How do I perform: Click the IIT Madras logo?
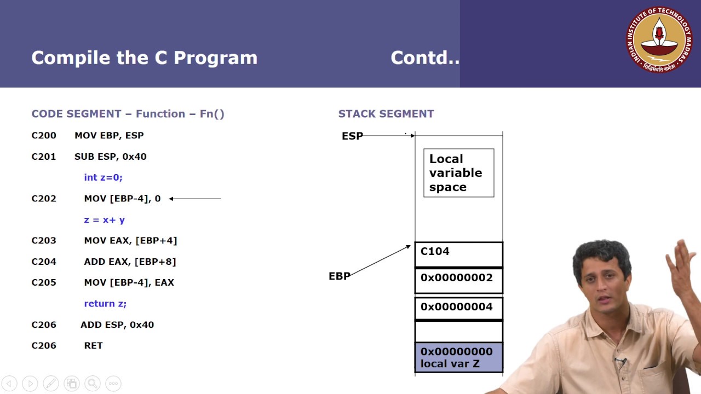659,39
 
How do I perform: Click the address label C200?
44,136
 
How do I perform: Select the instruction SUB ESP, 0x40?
110,157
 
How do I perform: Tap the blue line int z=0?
103,177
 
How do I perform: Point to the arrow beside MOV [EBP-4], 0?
195,199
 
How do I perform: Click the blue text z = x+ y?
104,219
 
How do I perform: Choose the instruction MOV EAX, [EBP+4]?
130,240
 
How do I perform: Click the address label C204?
44,262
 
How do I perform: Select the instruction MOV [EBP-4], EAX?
129,282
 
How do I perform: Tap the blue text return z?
105,303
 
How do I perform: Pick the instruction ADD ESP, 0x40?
117,325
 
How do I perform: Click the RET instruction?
93,345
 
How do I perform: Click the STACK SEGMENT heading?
386,114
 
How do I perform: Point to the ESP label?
352,136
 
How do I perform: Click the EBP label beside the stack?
339,276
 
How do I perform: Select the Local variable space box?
458,173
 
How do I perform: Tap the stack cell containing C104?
458,254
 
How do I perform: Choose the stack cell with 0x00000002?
458,280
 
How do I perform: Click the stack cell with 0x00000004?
458,308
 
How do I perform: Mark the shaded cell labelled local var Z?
458,357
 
